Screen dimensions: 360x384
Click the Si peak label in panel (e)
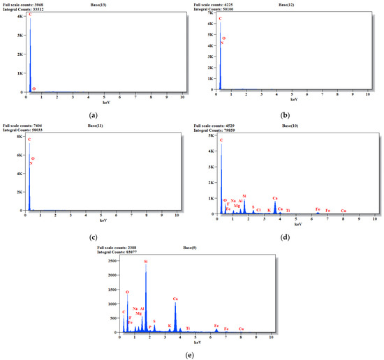pos(145,262)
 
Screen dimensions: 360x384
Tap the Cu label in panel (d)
pos(343,210)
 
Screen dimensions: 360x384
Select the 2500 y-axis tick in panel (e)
pos(112,261)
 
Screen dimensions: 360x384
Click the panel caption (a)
pos(93,114)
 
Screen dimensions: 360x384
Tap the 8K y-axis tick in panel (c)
pos(20,137)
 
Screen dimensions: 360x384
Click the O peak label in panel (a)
pos(34,89)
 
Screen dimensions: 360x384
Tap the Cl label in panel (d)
pos(259,209)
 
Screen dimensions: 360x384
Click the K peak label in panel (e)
pos(169,325)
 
